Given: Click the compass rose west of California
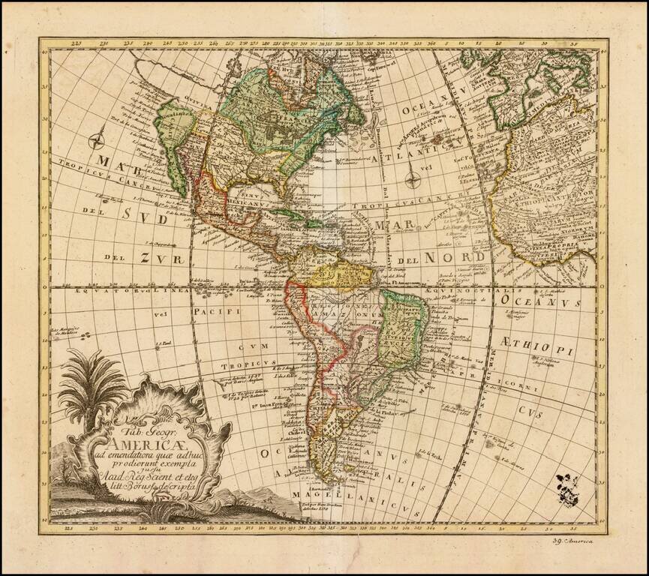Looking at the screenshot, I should pos(98,139).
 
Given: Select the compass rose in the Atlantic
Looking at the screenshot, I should pos(412,179).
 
